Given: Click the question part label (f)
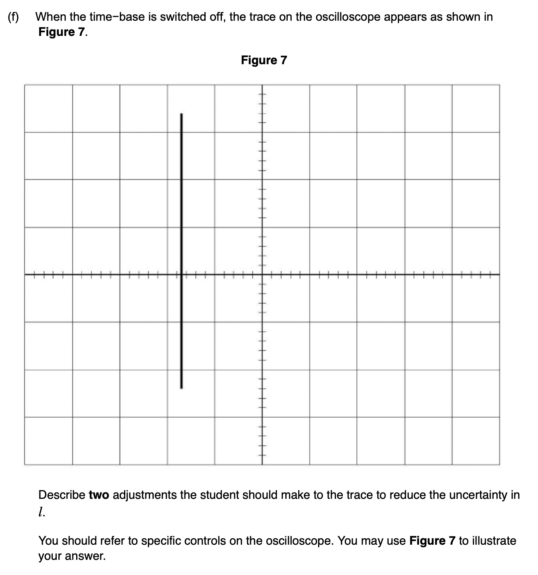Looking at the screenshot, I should (14, 17).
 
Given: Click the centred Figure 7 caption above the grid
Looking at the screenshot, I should (264, 60).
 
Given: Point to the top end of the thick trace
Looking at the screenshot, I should (182, 114).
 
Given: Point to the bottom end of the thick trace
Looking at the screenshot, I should (182, 388).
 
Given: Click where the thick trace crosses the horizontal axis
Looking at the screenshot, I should (182, 275).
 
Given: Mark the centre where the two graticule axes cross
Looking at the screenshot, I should (262, 275).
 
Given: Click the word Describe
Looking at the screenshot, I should (61, 495).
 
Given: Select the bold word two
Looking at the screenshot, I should (99, 495).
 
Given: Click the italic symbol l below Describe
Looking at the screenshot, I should (41, 511).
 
